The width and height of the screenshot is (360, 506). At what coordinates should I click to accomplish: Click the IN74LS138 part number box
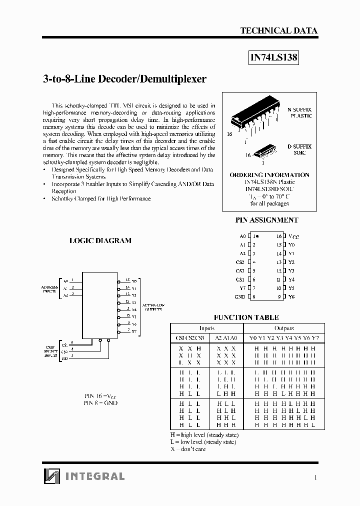click(x=273, y=57)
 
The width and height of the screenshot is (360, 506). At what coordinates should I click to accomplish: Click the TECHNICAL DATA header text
click(x=278, y=30)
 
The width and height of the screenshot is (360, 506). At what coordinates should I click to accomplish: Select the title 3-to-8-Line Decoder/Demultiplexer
click(x=121, y=79)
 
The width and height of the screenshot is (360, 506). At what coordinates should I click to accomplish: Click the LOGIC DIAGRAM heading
click(x=100, y=240)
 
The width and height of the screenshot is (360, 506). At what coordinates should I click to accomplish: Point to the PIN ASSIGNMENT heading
click(x=266, y=219)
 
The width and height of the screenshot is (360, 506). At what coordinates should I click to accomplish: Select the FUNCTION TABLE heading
click(x=246, y=317)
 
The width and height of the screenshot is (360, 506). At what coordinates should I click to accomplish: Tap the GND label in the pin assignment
click(x=240, y=296)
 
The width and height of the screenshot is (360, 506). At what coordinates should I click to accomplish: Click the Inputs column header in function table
click(x=206, y=328)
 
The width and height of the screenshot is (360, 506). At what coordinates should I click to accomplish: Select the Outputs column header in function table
click(x=283, y=328)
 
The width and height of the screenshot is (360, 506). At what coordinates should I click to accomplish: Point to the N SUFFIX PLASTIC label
click(x=299, y=112)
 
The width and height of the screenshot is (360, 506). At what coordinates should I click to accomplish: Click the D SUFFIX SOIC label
click(x=299, y=149)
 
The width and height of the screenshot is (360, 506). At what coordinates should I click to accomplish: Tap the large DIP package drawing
click(x=254, y=117)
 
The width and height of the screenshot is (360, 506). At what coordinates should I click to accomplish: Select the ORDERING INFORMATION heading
click(x=269, y=175)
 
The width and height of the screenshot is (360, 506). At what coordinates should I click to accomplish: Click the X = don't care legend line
click(x=188, y=449)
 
